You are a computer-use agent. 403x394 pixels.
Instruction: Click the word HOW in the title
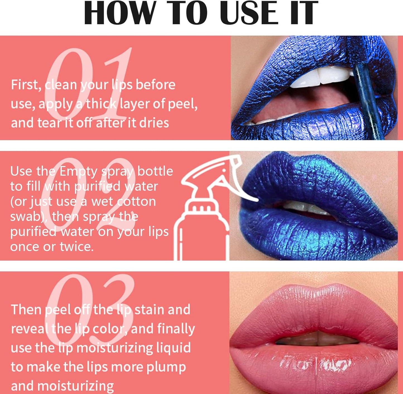pos(120,13)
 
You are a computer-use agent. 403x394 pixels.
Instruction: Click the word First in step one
pos(26,85)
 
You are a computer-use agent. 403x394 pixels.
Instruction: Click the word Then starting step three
pos(26,310)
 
